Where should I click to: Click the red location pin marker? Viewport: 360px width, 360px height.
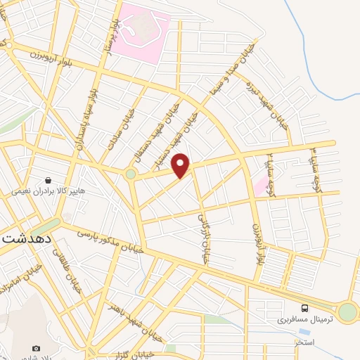point(181,165)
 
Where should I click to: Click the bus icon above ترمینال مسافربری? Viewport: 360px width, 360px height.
point(304,308)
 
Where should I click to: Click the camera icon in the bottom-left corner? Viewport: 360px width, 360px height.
point(37,348)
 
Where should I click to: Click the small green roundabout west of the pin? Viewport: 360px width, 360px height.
point(131,173)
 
